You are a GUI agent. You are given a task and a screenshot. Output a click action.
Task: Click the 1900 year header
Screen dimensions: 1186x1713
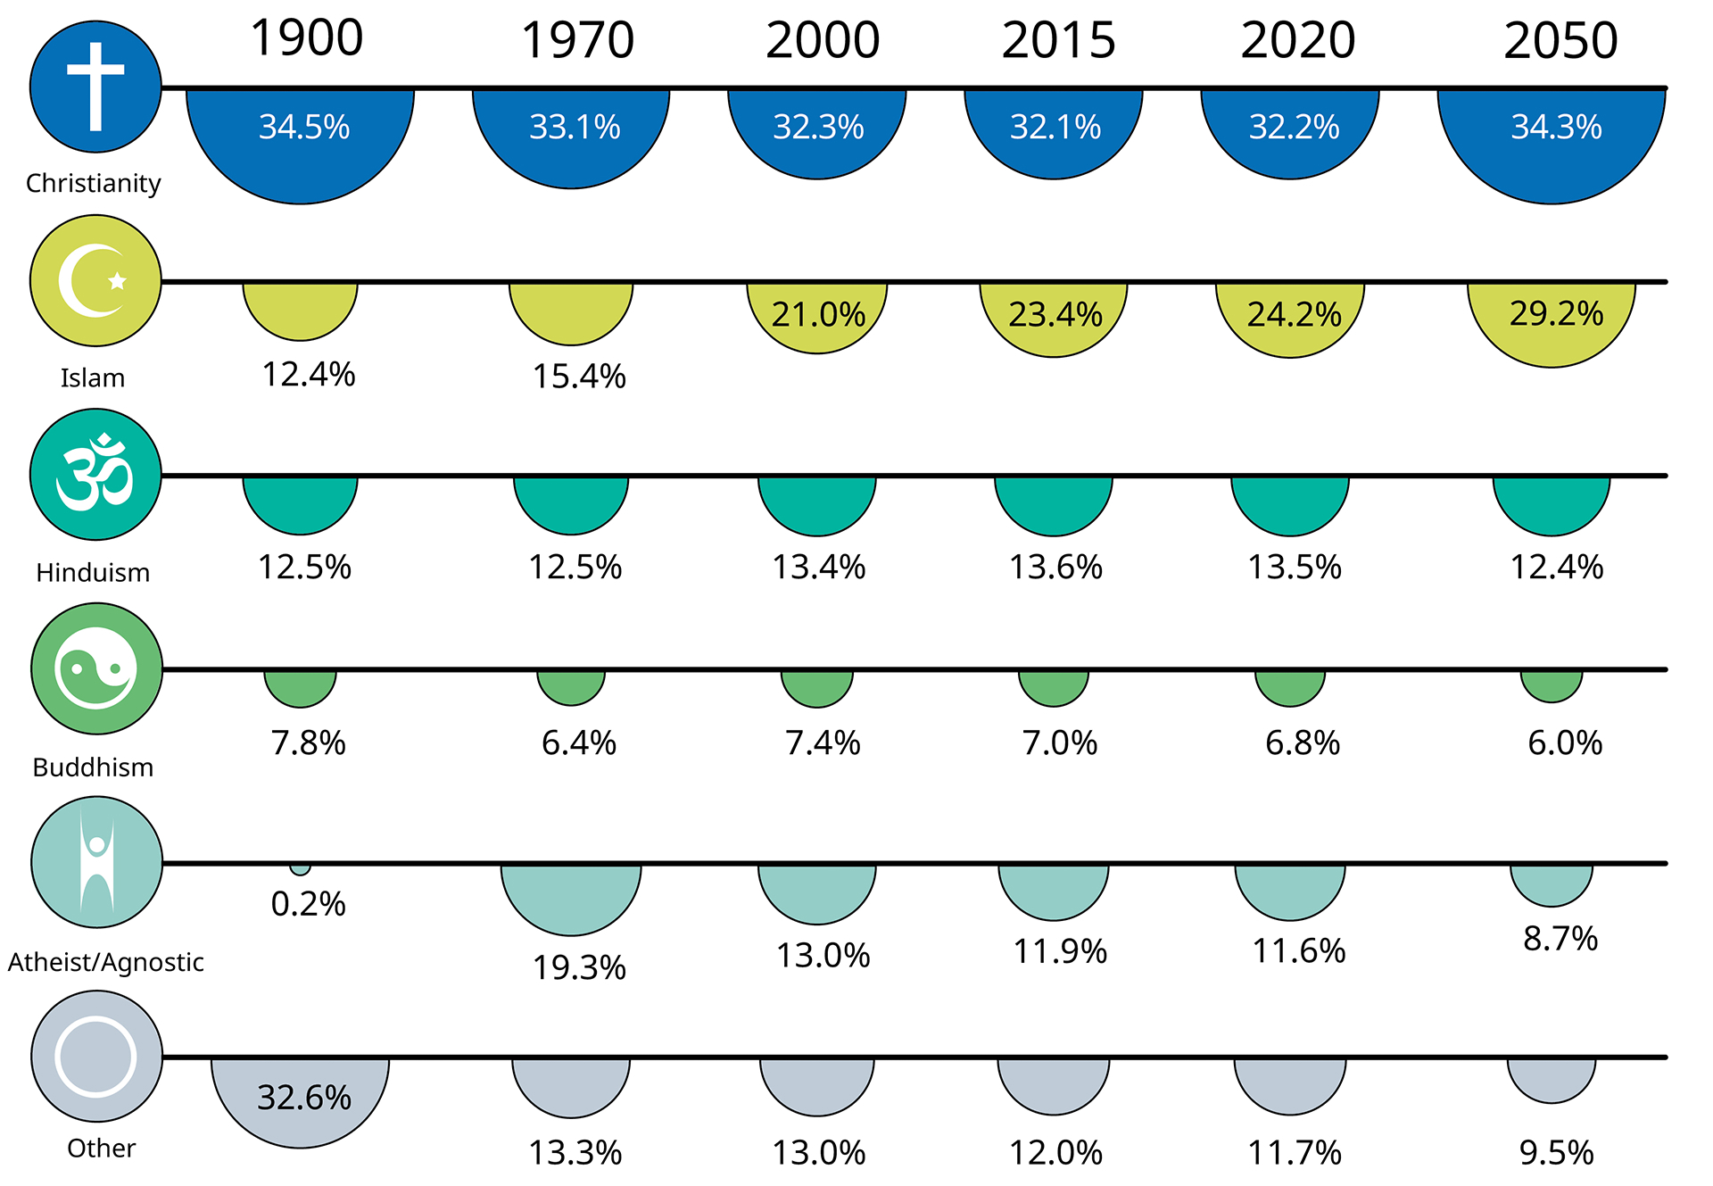pyautogui.click(x=306, y=38)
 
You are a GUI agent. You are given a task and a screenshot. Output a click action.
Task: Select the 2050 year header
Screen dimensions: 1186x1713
pyautogui.click(x=1560, y=41)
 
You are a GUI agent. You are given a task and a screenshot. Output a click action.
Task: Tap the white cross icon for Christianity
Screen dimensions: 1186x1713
pyautogui.click(x=95, y=87)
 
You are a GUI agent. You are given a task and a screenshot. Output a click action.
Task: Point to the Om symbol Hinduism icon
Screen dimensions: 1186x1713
pyautogui.click(x=95, y=474)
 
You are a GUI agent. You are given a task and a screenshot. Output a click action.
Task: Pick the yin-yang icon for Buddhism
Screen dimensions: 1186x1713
pyautogui.click(x=96, y=668)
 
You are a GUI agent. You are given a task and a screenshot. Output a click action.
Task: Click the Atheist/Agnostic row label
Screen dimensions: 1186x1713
pyautogui.click(x=106, y=962)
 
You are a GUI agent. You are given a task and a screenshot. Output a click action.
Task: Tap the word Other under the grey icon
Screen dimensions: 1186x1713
pyautogui.click(x=101, y=1148)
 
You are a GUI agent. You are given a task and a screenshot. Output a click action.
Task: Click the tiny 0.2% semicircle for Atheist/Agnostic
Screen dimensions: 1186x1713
pyautogui.click(x=301, y=868)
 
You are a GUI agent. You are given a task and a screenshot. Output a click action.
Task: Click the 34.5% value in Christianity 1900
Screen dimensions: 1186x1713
pyautogui.click(x=303, y=127)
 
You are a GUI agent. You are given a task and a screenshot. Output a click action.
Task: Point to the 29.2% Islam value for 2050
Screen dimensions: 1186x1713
pyautogui.click(x=1556, y=313)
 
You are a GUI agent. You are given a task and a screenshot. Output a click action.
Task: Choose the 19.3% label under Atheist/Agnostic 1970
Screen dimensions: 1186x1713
pyautogui.click(x=579, y=967)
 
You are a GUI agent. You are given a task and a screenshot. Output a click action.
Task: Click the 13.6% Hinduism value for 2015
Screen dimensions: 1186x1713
pyautogui.click(x=1055, y=567)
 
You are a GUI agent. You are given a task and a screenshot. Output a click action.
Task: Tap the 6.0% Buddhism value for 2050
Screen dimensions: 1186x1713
pyautogui.click(x=1565, y=742)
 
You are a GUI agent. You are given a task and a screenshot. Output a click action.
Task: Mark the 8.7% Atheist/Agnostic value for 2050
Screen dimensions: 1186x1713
pyautogui.click(x=1560, y=938)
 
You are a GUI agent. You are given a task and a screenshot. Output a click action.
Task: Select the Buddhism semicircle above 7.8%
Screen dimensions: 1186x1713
pyautogui.click(x=301, y=685)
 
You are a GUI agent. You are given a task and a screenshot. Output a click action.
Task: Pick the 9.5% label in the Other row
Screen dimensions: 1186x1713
pyautogui.click(x=1556, y=1152)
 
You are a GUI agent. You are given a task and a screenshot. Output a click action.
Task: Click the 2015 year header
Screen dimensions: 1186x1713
pyautogui.click(x=1058, y=41)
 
